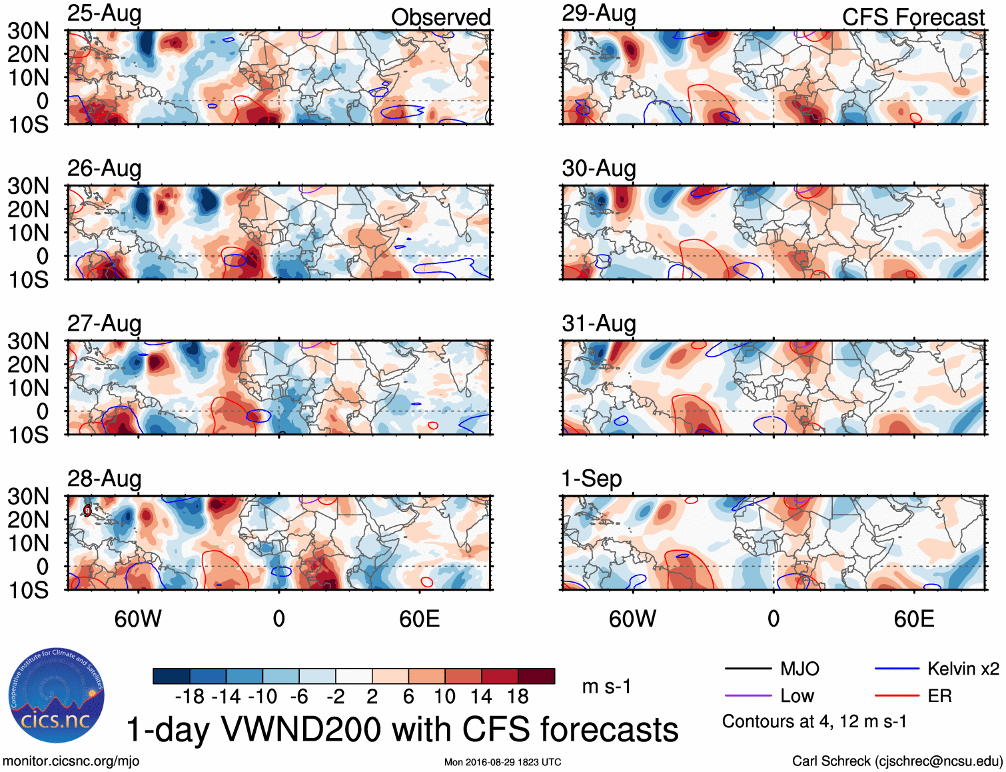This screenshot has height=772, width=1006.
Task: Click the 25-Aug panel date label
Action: (104, 13)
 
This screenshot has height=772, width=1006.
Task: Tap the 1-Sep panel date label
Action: (592, 479)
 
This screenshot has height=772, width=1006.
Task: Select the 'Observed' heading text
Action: (440, 17)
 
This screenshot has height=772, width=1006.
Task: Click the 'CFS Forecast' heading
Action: (913, 17)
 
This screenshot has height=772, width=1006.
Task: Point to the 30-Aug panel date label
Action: (598, 169)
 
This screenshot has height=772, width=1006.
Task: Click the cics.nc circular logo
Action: (56, 696)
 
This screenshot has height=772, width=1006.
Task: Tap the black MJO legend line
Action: (748, 669)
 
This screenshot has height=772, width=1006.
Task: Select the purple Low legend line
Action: (748, 696)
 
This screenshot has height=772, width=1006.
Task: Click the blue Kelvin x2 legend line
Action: (897, 669)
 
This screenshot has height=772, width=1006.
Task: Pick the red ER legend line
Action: (897, 696)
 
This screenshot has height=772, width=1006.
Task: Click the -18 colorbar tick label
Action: (190, 697)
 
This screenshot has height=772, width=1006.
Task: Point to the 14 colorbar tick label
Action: (481, 697)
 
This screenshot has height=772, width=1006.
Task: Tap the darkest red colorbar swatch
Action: (536, 676)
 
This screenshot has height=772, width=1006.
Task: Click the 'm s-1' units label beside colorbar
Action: (606, 686)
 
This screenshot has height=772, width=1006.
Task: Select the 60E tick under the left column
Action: (420, 619)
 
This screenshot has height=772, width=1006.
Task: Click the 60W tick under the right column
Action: (632, 619)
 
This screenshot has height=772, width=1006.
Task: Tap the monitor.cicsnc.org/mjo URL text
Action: (71, 761)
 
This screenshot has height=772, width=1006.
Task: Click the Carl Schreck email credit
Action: (897, 761)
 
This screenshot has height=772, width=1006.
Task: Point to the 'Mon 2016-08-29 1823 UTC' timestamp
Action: (502, 762)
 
